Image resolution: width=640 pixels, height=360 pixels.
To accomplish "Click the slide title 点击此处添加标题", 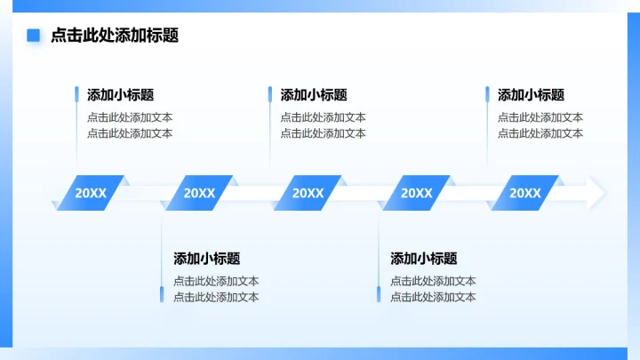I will point(115,36).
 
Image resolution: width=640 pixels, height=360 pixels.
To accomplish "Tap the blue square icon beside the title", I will point(34,36).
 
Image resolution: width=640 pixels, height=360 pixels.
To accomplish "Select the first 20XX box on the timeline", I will point(90,193).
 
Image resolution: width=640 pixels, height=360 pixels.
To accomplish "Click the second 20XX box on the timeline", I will point(199,193).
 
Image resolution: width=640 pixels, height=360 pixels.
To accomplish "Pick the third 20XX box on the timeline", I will point(308,193).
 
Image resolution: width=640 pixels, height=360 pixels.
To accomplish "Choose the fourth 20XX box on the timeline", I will point(416,193).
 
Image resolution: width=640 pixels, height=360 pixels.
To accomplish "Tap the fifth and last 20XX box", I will point(524,193).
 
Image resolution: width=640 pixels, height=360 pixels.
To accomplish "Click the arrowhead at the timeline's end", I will point(596,193).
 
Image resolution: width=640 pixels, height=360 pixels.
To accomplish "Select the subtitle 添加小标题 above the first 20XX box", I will point(120,95).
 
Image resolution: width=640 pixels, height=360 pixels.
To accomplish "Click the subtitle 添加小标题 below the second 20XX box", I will point(206,259).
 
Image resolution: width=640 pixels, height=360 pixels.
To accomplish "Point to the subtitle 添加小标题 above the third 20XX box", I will point(314,95).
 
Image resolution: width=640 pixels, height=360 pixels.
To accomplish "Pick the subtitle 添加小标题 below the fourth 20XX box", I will point(423,259).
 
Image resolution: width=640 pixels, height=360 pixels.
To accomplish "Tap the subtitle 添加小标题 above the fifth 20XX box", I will point(531,95).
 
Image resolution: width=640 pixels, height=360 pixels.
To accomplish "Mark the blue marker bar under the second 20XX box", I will point(162,294).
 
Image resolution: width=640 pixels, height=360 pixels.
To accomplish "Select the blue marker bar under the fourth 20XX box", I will point(379,294).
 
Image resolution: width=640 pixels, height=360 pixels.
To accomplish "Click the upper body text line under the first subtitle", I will point(130,117).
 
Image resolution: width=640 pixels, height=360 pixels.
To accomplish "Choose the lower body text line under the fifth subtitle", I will point(540,133).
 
